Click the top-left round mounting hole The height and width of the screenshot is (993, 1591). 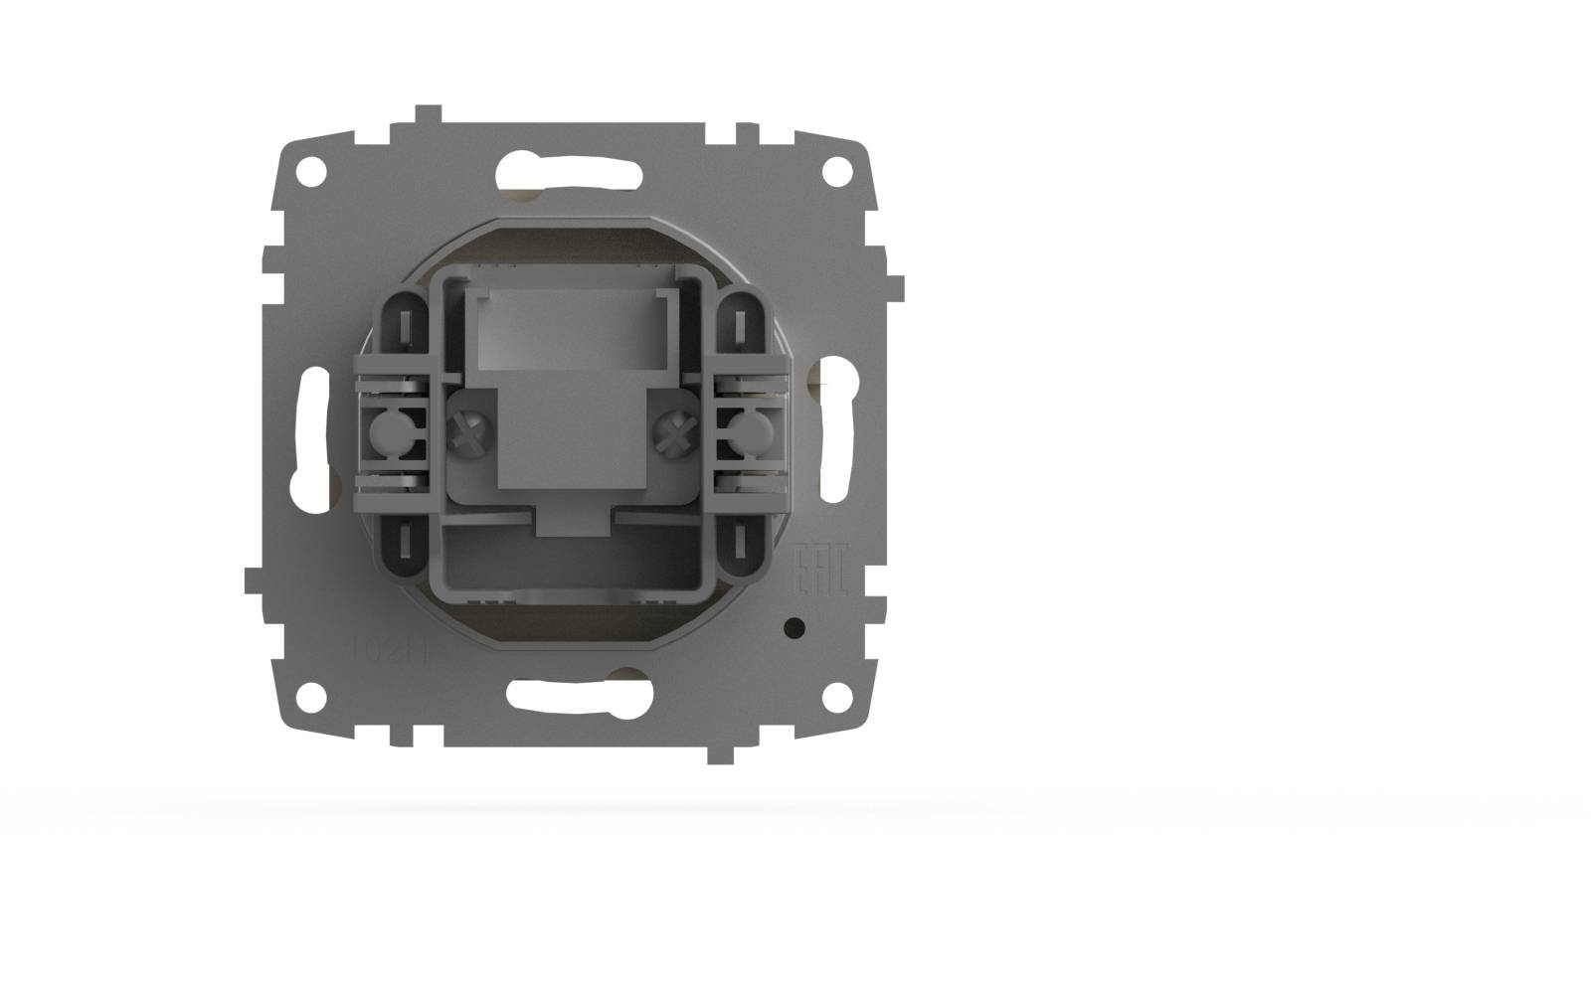pyautogui.click(x=311, y=170)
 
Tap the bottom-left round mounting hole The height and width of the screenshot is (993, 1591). pyautogui.click(x=311, y=694)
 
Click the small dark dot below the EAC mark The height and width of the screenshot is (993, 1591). pyautogui.click(x=794, y=627)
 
